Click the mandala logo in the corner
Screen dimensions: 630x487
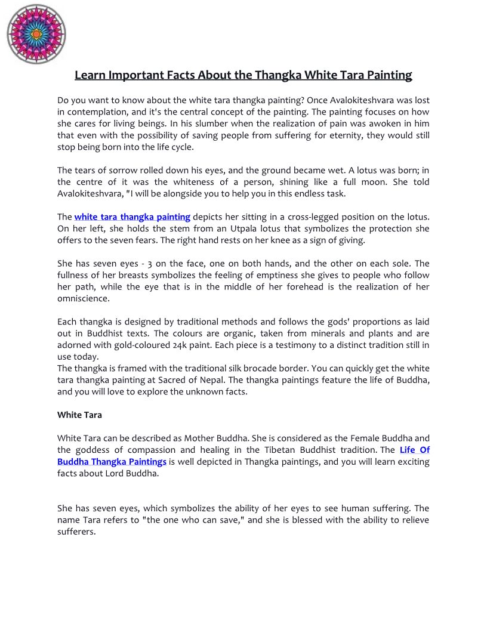point(36,34)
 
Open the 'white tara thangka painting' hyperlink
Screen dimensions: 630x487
point(132,217)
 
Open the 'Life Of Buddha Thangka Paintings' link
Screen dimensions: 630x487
point(112,462)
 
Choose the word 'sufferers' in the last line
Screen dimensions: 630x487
point(76,532)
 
